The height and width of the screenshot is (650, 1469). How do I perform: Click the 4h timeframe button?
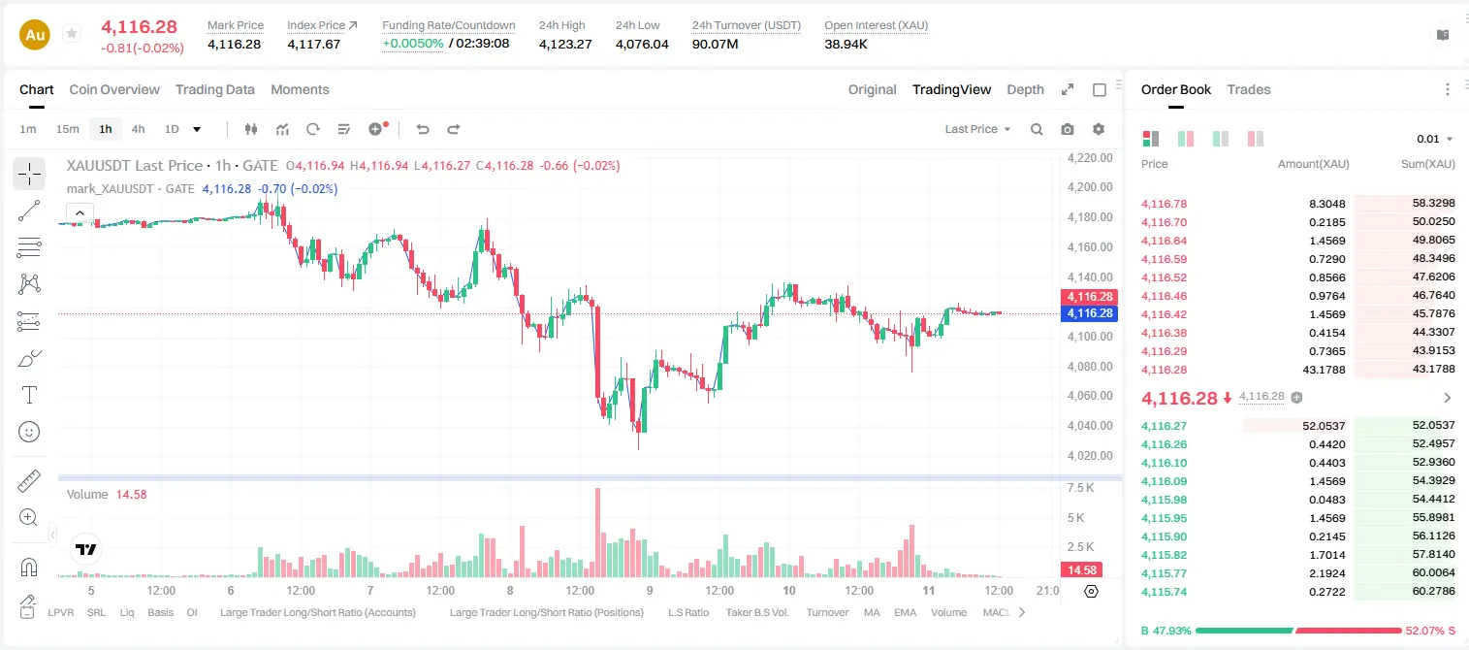(x=138, y=129)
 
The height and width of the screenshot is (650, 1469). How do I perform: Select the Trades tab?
(x=1249, y=89)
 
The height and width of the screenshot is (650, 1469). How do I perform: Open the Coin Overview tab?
(x=114, y=89)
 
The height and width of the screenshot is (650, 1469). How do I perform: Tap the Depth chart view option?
(x=1025, y=89)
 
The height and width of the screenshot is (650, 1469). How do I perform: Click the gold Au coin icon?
(x=35, y=35)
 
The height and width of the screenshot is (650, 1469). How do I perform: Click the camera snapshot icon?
(x=1068, y=129)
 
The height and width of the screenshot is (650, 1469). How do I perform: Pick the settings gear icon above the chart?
(x=1099, y=129)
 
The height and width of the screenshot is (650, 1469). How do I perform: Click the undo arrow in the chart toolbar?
(x=423, y=129)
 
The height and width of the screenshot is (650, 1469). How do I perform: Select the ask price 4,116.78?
(x=1165, y=204)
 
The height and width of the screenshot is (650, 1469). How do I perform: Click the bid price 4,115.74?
(x=1165, y=592)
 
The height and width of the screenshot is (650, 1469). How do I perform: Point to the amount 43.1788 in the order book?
(x=1324, y=370)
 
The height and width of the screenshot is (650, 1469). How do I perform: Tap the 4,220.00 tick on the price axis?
(x=1090, y=157)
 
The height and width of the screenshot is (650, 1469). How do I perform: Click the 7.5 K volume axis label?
(x=1080, y=488)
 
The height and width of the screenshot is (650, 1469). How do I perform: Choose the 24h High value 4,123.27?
(x=565, y=44)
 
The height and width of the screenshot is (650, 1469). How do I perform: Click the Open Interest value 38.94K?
(x=846, y=44)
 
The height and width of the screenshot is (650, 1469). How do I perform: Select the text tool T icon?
(x=29, y=395)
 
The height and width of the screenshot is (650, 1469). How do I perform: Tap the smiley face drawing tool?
(x=29, y=432)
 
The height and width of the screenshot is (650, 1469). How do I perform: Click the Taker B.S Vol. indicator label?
(x=756, y=612)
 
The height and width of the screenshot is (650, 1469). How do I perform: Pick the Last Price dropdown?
(x=977, y=129)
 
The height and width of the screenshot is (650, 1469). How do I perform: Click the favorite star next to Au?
(x=72, y=33)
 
